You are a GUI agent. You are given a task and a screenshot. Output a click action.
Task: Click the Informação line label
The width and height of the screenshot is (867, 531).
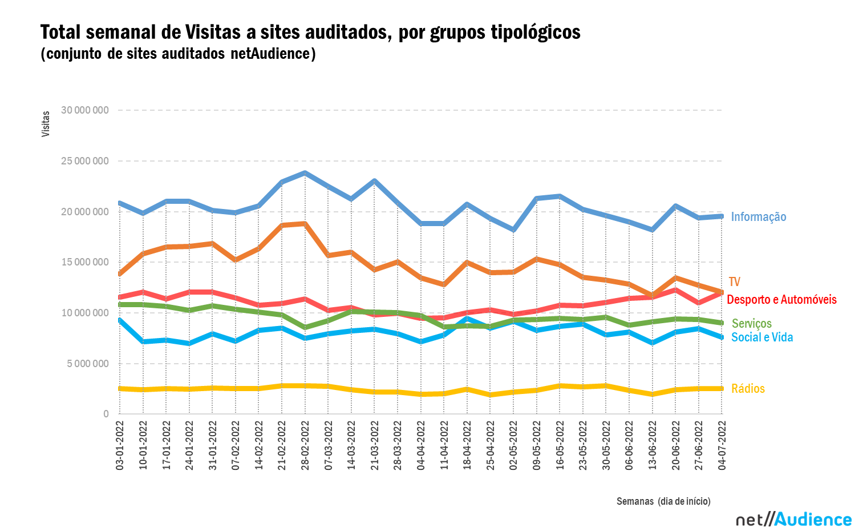758,217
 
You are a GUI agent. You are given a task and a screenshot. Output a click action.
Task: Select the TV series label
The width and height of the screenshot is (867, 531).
734,282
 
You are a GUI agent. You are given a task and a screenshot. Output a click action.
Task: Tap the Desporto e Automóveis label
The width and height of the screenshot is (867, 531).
781,300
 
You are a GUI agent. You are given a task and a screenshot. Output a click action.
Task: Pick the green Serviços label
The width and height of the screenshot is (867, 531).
751,324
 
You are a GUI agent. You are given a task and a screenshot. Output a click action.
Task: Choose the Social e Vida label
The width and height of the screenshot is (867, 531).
761,337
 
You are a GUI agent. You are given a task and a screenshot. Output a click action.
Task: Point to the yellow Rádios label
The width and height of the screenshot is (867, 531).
748,389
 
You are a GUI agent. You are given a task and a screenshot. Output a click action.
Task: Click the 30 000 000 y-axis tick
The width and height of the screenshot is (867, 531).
84,110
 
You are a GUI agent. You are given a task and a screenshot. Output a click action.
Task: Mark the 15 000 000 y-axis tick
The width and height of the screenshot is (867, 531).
84,262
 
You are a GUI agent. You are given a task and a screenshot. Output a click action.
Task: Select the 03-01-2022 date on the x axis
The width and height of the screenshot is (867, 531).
120,445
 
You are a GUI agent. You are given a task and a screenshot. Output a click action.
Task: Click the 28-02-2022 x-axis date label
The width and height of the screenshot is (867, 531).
305,445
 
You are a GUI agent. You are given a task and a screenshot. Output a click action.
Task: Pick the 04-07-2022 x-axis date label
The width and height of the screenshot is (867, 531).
722,445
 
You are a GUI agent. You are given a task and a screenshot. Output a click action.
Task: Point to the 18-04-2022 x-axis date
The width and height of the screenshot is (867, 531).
467,445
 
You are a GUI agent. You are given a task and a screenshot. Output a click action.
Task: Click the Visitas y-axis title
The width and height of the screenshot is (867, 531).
46,124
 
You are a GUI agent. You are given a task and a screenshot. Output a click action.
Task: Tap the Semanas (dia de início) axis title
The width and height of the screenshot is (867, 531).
663,501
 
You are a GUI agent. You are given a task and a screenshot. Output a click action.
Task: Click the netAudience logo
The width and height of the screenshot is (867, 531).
793,519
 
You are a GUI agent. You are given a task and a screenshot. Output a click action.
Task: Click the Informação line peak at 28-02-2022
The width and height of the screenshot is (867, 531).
305,172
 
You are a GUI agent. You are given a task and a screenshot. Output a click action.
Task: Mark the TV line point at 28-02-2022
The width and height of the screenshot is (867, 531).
305,224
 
